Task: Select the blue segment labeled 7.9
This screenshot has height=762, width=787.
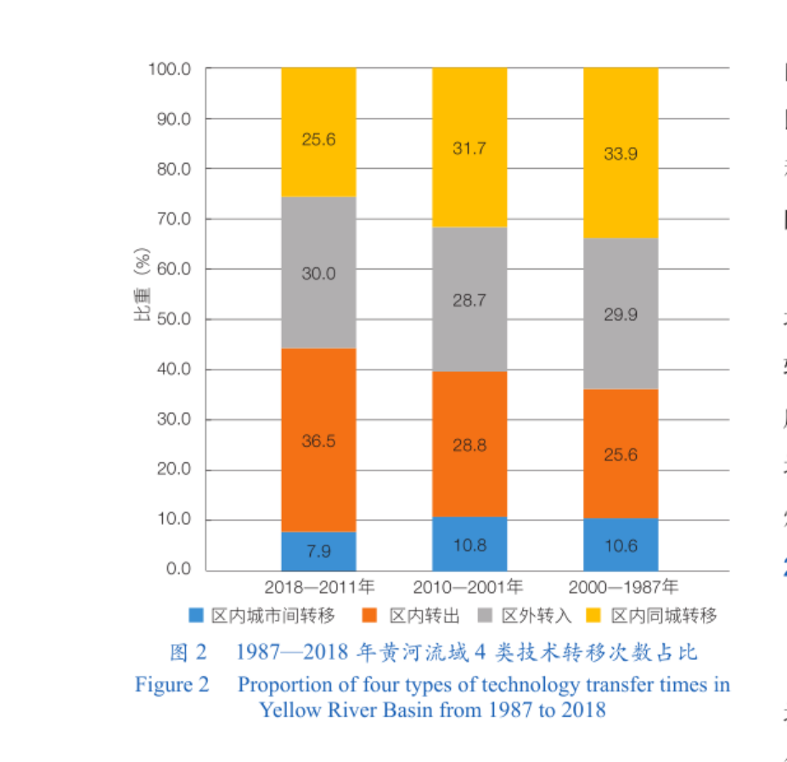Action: point(318,551)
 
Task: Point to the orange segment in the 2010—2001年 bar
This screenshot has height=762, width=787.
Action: point(469,444)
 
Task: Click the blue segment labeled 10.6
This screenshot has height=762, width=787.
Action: point(621,545)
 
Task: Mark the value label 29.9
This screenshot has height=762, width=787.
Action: point(621,315)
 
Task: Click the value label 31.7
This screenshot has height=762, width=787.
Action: point(469,149)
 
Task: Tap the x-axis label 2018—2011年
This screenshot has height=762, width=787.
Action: point(318,587)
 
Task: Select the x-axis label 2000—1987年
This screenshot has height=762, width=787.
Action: point(623,587)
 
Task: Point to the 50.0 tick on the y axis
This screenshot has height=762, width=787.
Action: point(173,319)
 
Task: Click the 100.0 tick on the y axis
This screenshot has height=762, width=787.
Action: point(170,69)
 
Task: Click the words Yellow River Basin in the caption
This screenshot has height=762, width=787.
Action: point(346,710)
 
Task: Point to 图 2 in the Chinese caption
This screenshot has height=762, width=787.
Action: point(188,652)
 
